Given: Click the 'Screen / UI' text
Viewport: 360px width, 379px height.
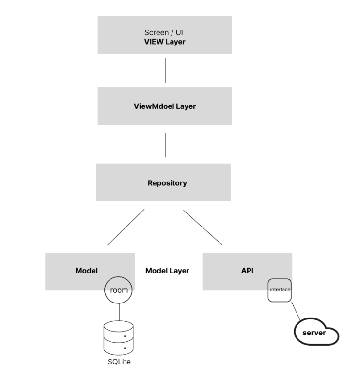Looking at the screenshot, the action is (164, 32).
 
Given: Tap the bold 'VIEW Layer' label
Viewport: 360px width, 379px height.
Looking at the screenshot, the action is (165, 42).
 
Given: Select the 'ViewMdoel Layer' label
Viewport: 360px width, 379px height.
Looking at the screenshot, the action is (165, 106).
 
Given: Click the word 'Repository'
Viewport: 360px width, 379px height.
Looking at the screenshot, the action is (167, 183).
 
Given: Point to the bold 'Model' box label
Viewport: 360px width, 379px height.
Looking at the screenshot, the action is (87, 271).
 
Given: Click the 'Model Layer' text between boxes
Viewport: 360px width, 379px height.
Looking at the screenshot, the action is (167, 271).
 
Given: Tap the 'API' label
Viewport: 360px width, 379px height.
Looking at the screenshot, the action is (247, 271).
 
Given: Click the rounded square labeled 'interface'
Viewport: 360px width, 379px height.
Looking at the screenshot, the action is (280, 279).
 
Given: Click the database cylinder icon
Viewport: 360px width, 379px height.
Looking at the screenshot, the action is (119, 338).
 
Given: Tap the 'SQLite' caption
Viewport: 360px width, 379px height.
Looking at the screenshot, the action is (119, 362).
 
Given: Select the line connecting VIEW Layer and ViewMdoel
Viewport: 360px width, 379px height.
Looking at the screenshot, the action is (165, 70).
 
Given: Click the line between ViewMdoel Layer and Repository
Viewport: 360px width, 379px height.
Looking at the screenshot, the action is (165, 145).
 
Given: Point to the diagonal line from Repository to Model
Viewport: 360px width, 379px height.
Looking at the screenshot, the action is (126, 227).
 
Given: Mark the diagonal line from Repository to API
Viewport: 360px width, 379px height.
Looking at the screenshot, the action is (203, 227).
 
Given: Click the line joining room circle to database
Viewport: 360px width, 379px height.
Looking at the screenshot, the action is (120, 312).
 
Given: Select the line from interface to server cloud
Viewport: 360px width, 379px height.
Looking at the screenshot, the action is (296, 311).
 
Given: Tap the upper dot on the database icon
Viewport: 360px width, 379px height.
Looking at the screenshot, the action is (125, 336).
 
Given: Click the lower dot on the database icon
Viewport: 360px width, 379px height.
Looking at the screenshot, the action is (125, 348).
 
